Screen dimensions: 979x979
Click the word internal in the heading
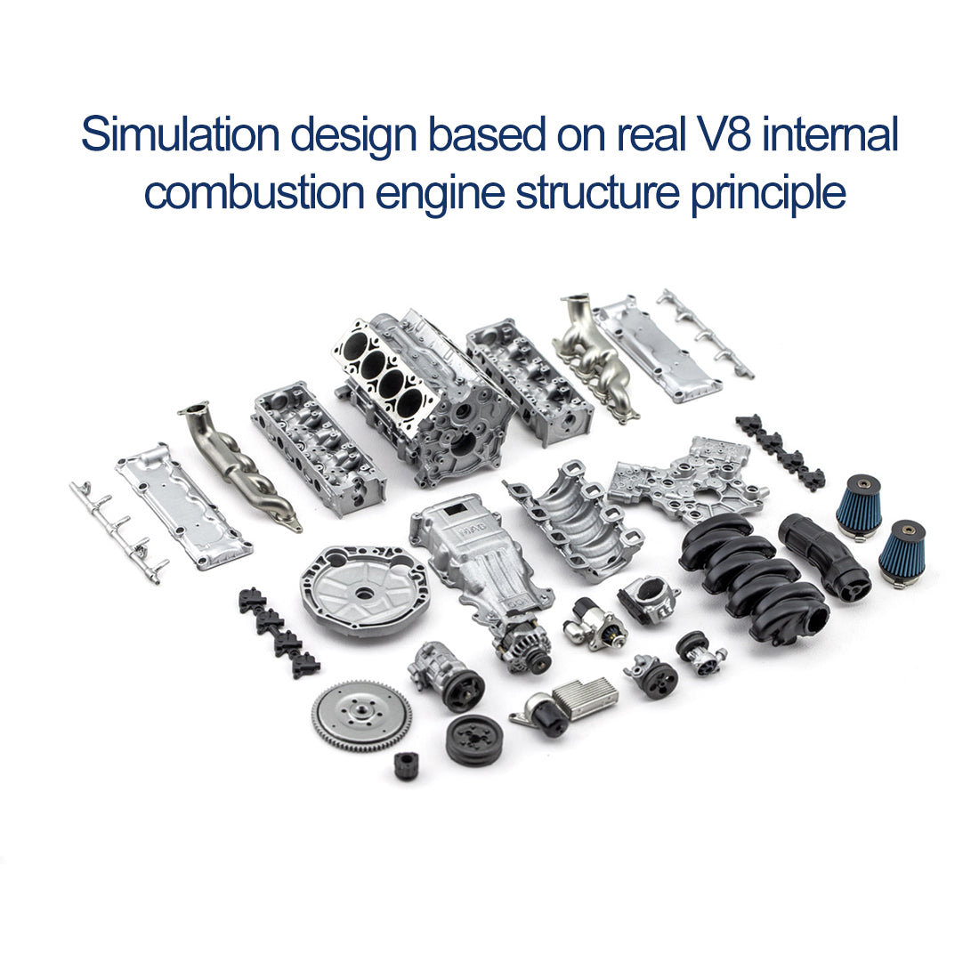pyautogui.click(x=831, y=136)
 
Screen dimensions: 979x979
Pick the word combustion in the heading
pyautogui.click(x=255, y=193)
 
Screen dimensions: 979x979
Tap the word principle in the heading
pyautogui.click(x=768, y=193)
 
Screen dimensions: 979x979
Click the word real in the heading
pyautogui.click(x=649, y=136)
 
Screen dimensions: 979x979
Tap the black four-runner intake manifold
pyautogui.click(x=752, y=574)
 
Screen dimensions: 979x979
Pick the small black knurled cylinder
pyautogui.click(x=406, y=765)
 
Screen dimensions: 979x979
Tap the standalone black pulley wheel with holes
pyautogui.click(x=473, y=740)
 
